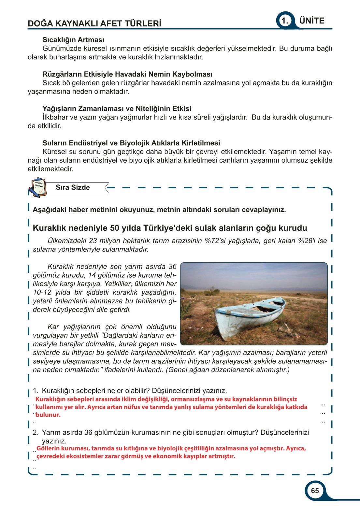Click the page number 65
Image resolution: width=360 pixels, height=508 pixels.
click(315, 491)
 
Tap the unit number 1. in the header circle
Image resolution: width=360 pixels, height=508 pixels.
click(285, 21)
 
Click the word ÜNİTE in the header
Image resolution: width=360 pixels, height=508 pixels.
click(312, 21)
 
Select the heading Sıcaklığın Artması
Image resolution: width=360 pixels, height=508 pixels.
click(73, 40)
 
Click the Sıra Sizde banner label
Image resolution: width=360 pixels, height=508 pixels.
click(73, 187)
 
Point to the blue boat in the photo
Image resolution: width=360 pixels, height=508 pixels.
click(249, 316)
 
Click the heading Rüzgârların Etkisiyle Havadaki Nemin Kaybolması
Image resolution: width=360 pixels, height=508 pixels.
click(127, 74)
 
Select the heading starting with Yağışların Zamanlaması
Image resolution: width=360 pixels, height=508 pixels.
click(117, 109)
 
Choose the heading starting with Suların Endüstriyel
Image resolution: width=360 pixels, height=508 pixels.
click(131, 143)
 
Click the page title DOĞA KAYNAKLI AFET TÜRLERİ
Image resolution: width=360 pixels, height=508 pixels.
click(94, 23)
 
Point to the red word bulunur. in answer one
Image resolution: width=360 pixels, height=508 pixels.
click(48, 415)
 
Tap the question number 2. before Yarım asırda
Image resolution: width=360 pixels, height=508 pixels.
click(36, 432)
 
